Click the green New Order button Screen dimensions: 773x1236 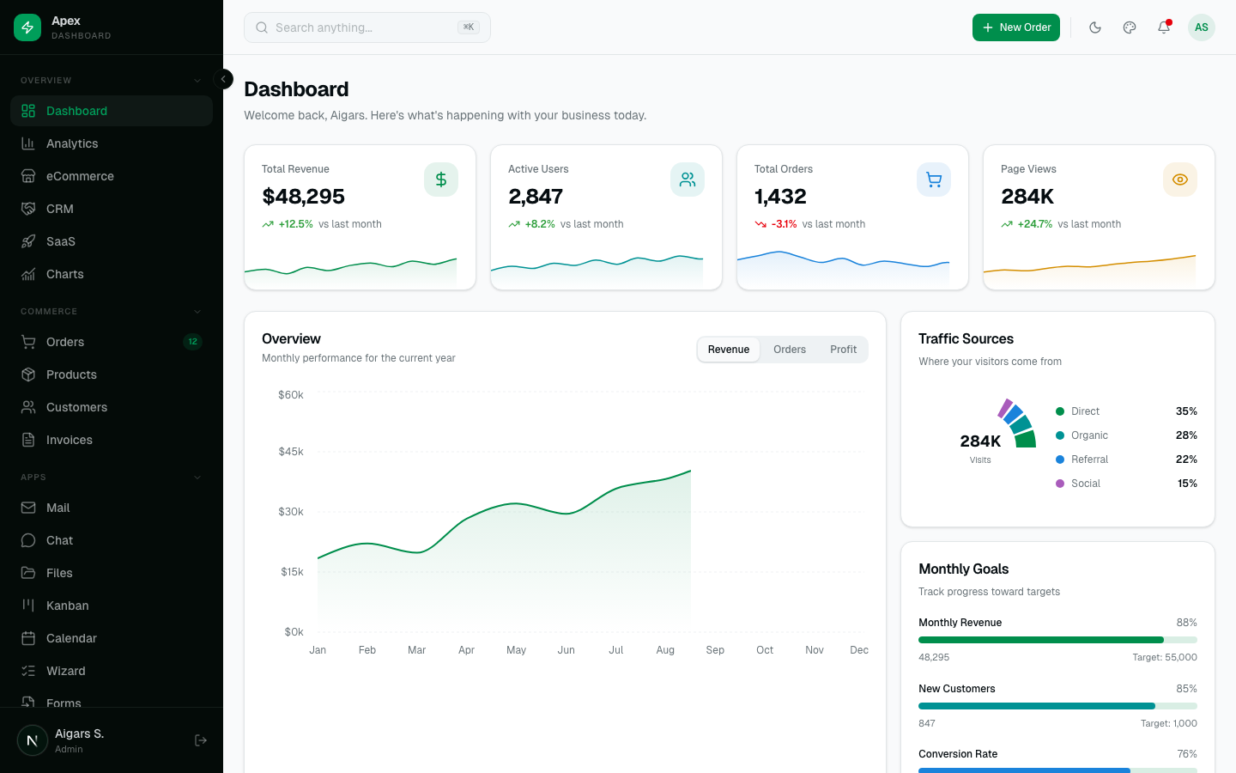click(x=1015, y=27)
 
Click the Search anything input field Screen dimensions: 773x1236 click(x=360, y=27)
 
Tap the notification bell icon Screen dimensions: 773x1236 click(x=1164, y=27)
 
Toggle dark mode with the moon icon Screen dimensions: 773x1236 click(x=1095, y=27)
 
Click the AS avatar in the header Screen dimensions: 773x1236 click(x=1201, y=27)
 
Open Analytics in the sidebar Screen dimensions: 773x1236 click(x=72, y=143)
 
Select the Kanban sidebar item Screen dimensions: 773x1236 click(x=67, y=606)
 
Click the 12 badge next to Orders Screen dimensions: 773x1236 click(x=192, y=342)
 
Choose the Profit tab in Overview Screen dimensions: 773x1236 click(x=843, y=350)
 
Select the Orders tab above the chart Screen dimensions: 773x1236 click(x=789, y=350)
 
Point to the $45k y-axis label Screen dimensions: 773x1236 click(x=290, y=452)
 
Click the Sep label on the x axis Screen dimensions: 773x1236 click(x=715, y=650)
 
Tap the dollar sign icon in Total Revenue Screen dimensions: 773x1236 click(x=441, y=180)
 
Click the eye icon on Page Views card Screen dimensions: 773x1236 click(x=1180, y=180)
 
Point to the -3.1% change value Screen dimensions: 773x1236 click(x=784, y=224)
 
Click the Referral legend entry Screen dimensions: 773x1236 click(x=1089, y=460)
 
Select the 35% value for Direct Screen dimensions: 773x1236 click(x=1186, y=411)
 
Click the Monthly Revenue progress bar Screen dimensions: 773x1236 click(x=1057, y=640)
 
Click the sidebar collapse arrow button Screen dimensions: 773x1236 click(x=223, y=79)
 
